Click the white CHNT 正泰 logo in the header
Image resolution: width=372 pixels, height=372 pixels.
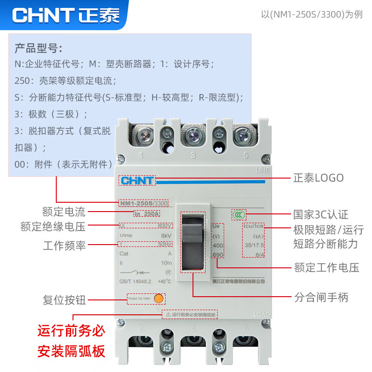(x=66, y=15)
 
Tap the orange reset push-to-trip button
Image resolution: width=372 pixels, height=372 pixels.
(x=159, y=299)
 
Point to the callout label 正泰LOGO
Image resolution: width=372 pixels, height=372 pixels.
(x=318, y=178)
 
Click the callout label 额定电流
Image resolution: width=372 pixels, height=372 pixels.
(x=64, y=213)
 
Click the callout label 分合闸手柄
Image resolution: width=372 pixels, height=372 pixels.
(x=321, y=297)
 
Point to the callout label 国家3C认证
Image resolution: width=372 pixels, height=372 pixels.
(x=320, y=214)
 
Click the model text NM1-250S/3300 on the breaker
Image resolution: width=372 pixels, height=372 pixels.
(x=144, y=203)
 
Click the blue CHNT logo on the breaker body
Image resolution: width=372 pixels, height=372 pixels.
(x=137, y=180)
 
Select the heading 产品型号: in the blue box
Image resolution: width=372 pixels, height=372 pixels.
(x=39, y=48)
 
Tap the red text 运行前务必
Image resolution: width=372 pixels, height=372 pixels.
(x=71, y=332)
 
